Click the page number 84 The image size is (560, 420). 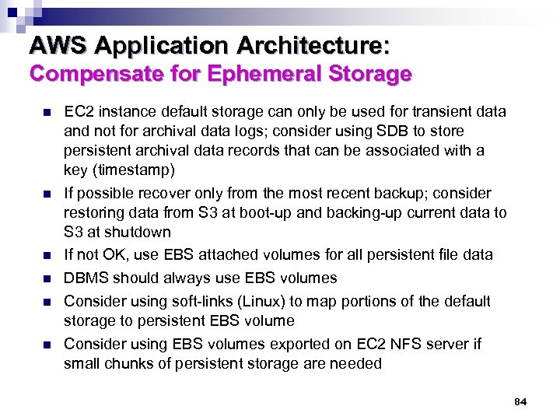(520, 402)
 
